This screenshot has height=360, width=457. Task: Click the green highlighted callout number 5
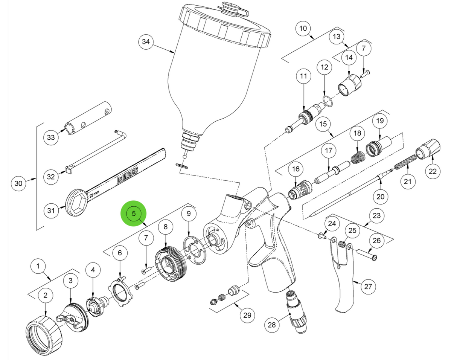click(133, 213)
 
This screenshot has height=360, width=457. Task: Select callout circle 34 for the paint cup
click(146, 42)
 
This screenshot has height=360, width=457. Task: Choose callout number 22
click(433, 171)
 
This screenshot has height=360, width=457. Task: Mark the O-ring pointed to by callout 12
click(327, 101)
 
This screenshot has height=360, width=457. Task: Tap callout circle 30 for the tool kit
click(18, 184)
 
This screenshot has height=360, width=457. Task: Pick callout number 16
click(296, 170)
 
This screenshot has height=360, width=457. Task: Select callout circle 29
click(247, 315)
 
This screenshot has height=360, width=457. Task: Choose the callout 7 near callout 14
click(363, 49)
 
